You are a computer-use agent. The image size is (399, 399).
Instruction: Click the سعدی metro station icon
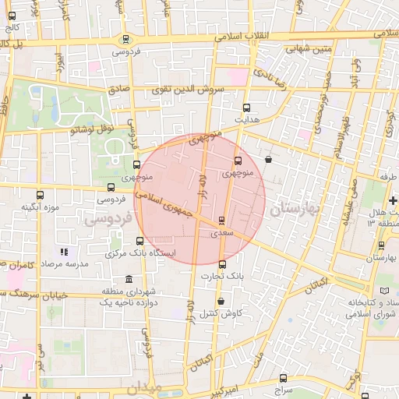[x=221, y=221]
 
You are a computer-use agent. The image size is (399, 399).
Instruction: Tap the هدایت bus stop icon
[x=247, y=108]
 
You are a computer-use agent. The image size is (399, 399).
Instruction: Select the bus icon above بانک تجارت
[x=222, y=264]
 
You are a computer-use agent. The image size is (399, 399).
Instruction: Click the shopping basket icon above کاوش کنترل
[x=221, y=301]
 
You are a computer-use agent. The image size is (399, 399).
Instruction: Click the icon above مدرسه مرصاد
[x=65, y=252]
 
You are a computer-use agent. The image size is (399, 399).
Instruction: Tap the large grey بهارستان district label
[x=290, y=210]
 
